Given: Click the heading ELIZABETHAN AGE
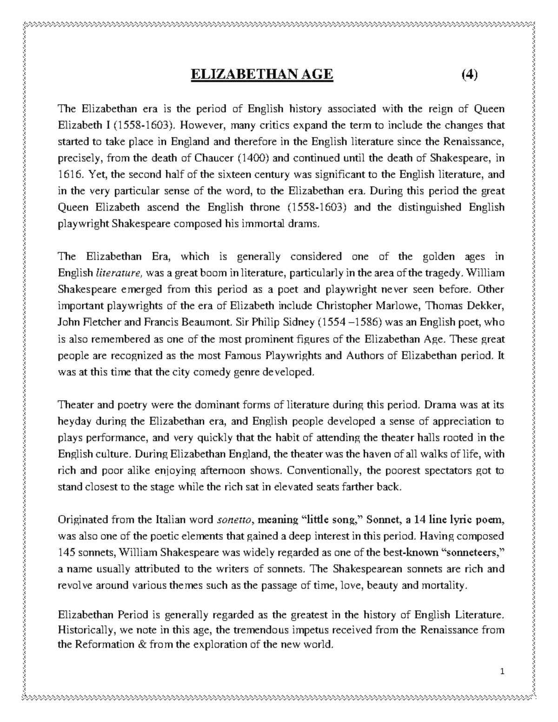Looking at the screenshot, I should tap(262, 74).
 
